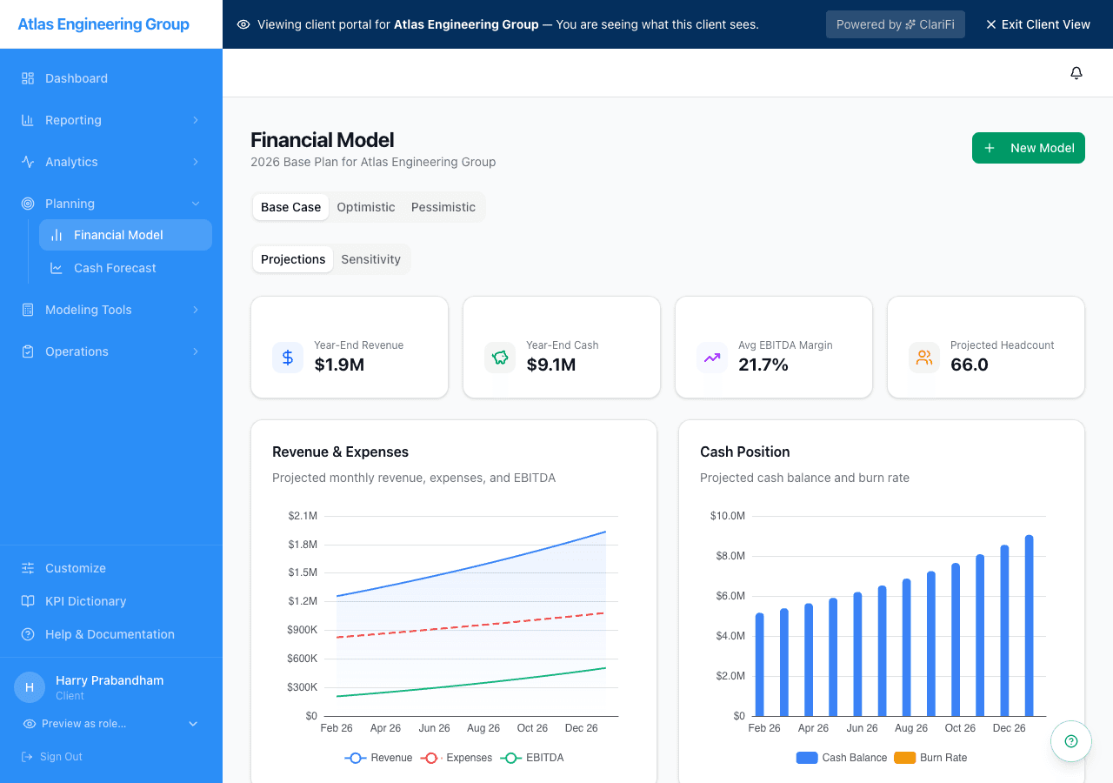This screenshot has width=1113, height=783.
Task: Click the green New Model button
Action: (1028, 148)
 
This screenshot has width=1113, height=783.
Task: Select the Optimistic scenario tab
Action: (366, 207)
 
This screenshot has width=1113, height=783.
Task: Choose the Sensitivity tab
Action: (370, 259)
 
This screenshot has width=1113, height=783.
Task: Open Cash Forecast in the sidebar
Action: (115, 268)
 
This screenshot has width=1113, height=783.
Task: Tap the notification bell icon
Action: (1076, 73)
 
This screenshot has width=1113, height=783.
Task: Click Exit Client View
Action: (1037, 24)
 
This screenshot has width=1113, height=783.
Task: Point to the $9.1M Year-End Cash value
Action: (551, 365)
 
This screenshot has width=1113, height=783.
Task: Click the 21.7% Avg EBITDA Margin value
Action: (763, 365)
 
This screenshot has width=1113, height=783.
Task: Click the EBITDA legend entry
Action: (534, 758)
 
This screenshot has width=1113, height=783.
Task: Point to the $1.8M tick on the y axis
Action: (303, 545)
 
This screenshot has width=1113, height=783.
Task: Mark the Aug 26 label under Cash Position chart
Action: (911, 728)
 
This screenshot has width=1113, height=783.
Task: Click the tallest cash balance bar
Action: (1029, 626)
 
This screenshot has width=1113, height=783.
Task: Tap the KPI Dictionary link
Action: (85, 601)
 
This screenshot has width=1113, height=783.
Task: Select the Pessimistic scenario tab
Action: (443, 207)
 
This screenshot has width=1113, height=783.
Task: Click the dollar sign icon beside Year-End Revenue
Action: (288, 358)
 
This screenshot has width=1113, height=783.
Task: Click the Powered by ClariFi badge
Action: (896, 24)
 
